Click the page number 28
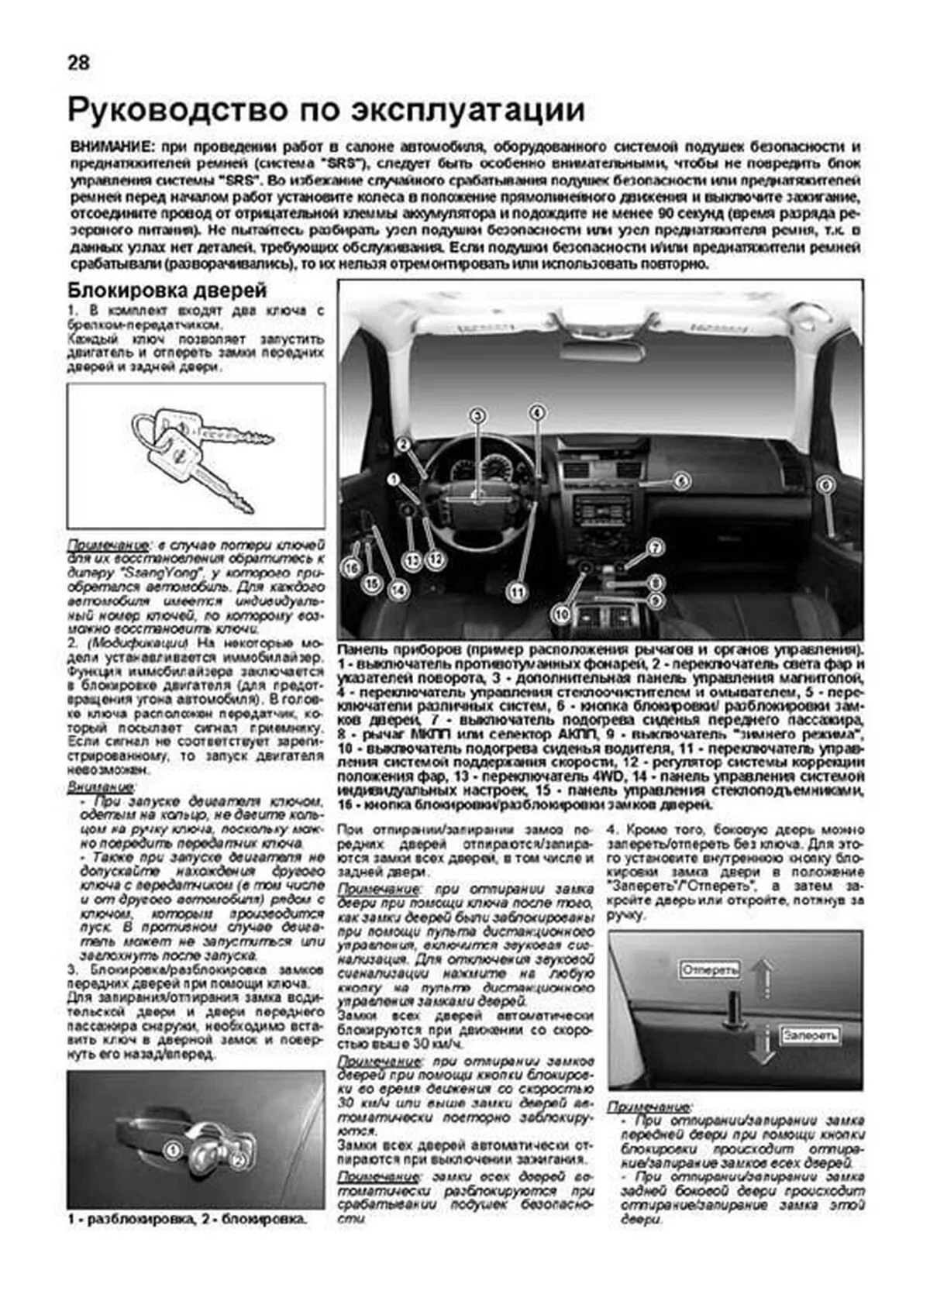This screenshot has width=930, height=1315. coord(79,63)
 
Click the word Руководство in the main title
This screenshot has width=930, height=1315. coord(175,110)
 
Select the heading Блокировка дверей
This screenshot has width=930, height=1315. coord(167,291)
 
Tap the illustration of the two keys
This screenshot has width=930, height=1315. coord(198,456)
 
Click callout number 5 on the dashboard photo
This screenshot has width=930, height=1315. coord(680,481)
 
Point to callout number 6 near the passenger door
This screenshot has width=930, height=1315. coord(825,485)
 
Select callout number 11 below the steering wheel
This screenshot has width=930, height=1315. coord(516,593)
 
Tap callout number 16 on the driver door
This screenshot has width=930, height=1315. coord(353,568)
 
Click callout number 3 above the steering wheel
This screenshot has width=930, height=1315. coord(478,415)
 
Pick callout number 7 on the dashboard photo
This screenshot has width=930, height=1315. coord(656,548)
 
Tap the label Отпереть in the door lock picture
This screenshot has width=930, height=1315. coord(710,969)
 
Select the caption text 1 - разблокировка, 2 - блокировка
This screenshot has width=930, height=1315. coord(187,1220)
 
